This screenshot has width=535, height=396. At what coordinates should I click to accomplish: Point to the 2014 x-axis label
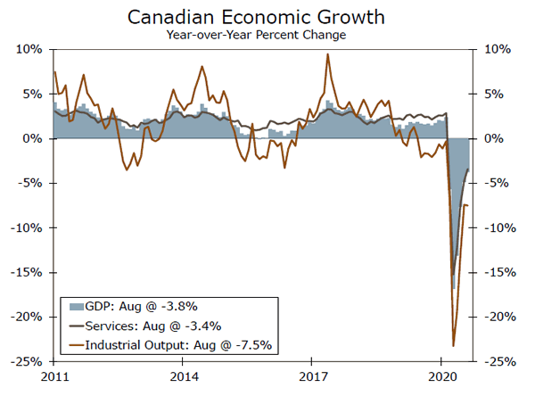pyautogui.click(x=183, y=375)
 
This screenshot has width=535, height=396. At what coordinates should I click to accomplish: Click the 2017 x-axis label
pyautogui.click(x=312, y=375)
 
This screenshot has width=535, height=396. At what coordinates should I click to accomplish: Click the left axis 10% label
pyautogui.click(x=29, y=50)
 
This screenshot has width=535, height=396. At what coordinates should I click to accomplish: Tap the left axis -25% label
pyautogui.click(x=27, y=362)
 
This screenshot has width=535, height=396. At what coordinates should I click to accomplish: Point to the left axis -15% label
pyautogui.click(x=27, y=273)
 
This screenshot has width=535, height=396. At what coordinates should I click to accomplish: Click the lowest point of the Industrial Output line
pyautogui.click(x=453, y=345)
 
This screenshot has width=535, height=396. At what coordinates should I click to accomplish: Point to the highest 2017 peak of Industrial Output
pyautogui.click(x=328, y=54)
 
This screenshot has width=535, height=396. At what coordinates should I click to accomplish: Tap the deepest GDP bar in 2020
pyautogui.click(x=453, y=287)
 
